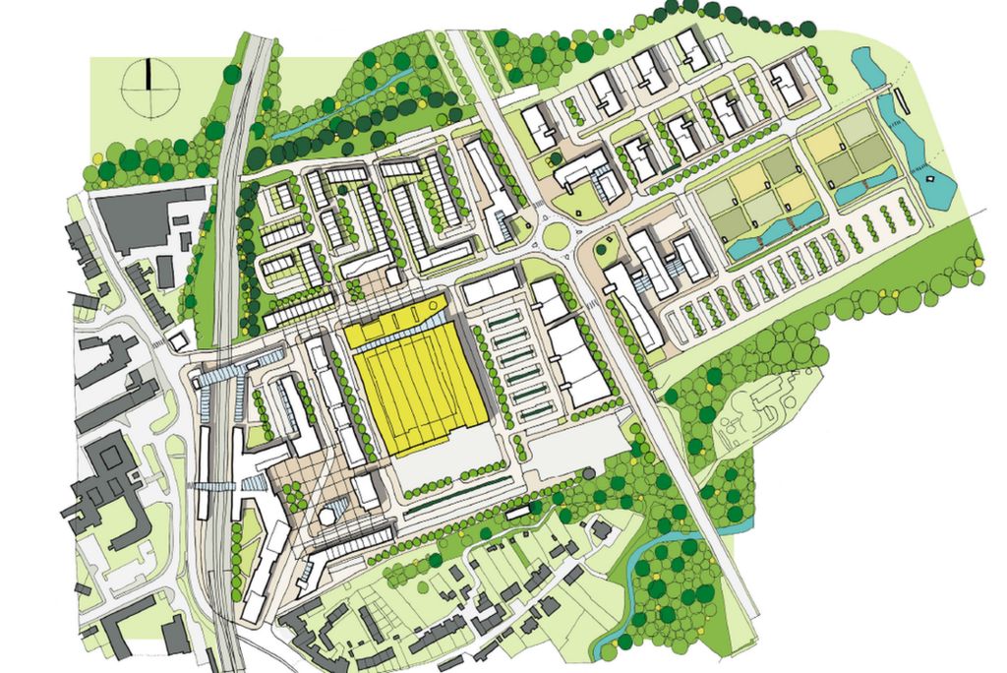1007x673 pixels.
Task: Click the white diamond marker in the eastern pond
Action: click(x=929, y=179)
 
